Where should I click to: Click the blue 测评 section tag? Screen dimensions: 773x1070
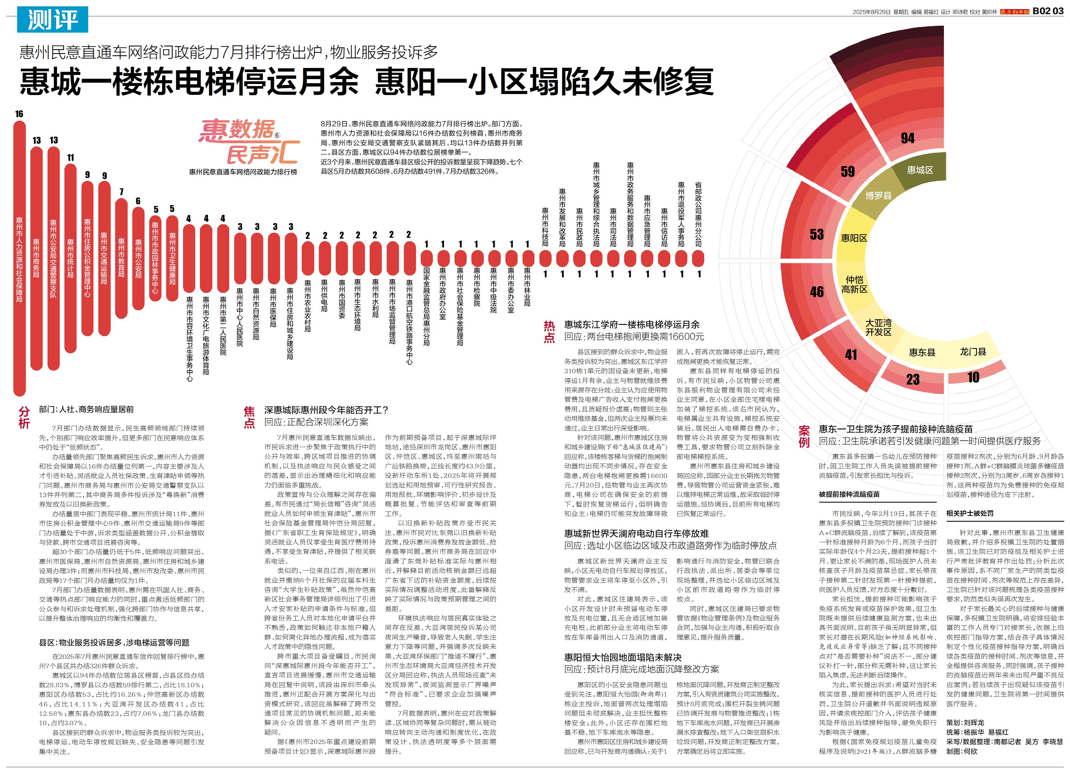[52, 19]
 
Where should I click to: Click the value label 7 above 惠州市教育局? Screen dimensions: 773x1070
[121, 192]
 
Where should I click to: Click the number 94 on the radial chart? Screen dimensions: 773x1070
[907, 138]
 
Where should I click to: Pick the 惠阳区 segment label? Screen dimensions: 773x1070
[854, 238]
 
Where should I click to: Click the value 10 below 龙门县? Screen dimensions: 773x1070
[973, 377]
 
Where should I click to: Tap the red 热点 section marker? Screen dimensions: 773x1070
[549, 331]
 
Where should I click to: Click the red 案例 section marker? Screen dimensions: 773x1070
[804, 436]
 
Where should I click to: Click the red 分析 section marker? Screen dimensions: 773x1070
[24, 417]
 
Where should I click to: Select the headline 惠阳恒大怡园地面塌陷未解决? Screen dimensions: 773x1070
[623, 657]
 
